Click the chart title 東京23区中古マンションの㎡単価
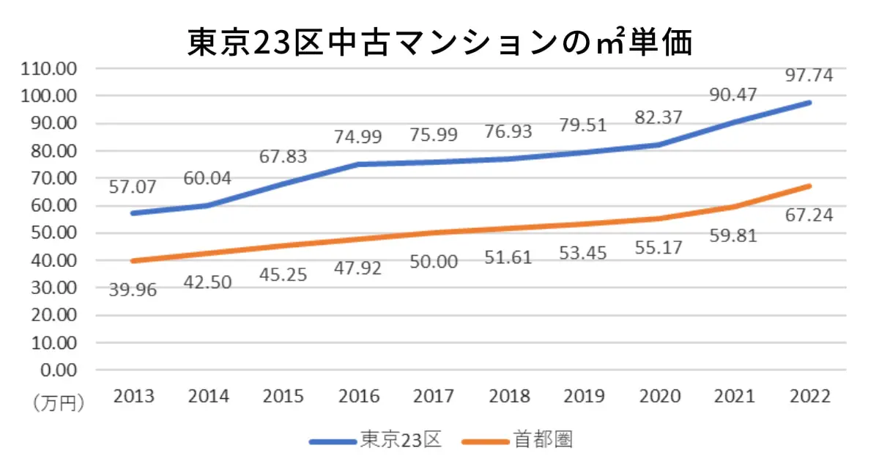pyautogui.click(x=439, y=43)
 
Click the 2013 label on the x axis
pyautogui.click(x=134, y=397)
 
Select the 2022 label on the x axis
pyautogui.click(x=810, y=397)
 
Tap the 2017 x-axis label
pyautogui.click(x=434, y=397)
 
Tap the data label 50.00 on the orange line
pyautogui.click(x=434, y=262)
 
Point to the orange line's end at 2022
pyautogui.click(x=810, y=186)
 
